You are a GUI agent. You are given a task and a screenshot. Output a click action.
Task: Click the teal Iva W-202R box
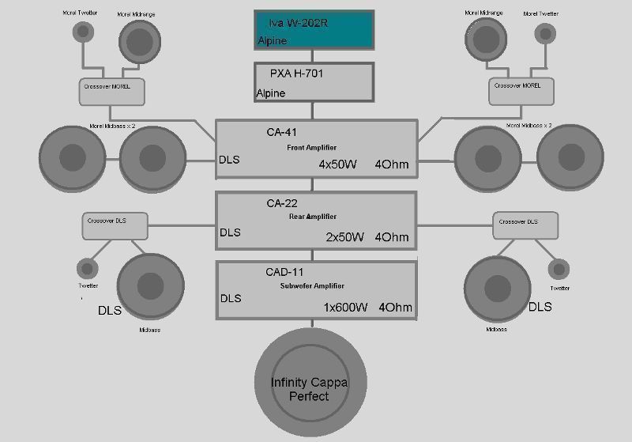click(x=314, y=30)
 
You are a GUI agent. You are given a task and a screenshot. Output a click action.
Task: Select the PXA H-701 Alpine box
click(x=314, y=82)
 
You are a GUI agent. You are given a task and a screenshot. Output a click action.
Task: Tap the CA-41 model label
click(x=281, y=133)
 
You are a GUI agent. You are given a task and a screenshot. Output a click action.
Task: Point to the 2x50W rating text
click(x=344, y=236)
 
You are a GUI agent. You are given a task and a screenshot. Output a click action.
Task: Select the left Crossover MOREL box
click(x=111, y=92)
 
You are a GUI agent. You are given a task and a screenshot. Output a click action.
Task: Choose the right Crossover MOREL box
click(x=517, y=92)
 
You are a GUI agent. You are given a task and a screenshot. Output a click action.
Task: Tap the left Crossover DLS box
click(x=115, y=226)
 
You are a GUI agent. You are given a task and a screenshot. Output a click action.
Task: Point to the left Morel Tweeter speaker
click(x=83, y=31)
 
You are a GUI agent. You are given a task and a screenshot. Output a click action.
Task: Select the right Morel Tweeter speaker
click(x=544, y=32)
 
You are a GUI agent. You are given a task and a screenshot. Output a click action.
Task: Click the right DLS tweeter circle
click(x=559, y=268)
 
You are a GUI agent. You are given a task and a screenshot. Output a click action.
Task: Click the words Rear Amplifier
click(x=313, y=217)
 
